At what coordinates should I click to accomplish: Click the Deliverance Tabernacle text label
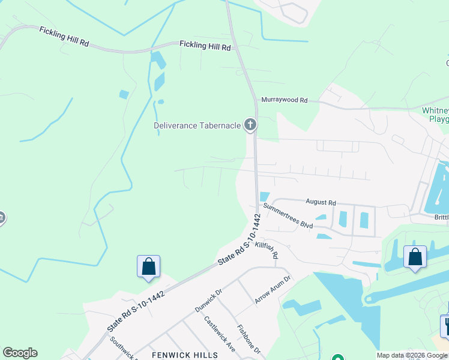pos(197,125)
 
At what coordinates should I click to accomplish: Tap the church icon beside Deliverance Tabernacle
pos(250,125)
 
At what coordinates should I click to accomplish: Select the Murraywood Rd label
pos(284,100)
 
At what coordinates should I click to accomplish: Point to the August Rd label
pos(321,203)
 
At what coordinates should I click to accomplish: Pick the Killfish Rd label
pos(267,250)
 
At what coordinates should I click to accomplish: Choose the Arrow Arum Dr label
pos(273,289)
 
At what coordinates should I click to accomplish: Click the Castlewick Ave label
pos(218,334)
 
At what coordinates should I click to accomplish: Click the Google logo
pos(20,353)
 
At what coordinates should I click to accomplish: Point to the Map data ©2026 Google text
pos(412,355)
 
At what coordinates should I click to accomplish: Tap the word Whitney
pos(435,111)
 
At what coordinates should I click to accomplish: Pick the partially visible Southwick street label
pos(123,347)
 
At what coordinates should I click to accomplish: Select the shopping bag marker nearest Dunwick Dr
pos(148,266)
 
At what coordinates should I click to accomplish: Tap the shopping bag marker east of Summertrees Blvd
pos(415,257)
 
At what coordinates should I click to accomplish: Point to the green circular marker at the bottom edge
pos(337,358)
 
